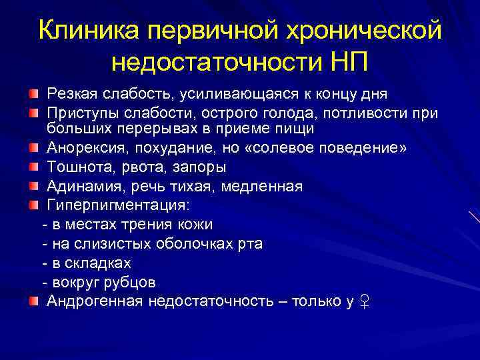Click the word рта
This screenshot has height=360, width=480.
click(x=251, y=244)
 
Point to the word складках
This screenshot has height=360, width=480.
click(x=99, y=263)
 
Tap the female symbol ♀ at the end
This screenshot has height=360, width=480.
click(x=364, y=302)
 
